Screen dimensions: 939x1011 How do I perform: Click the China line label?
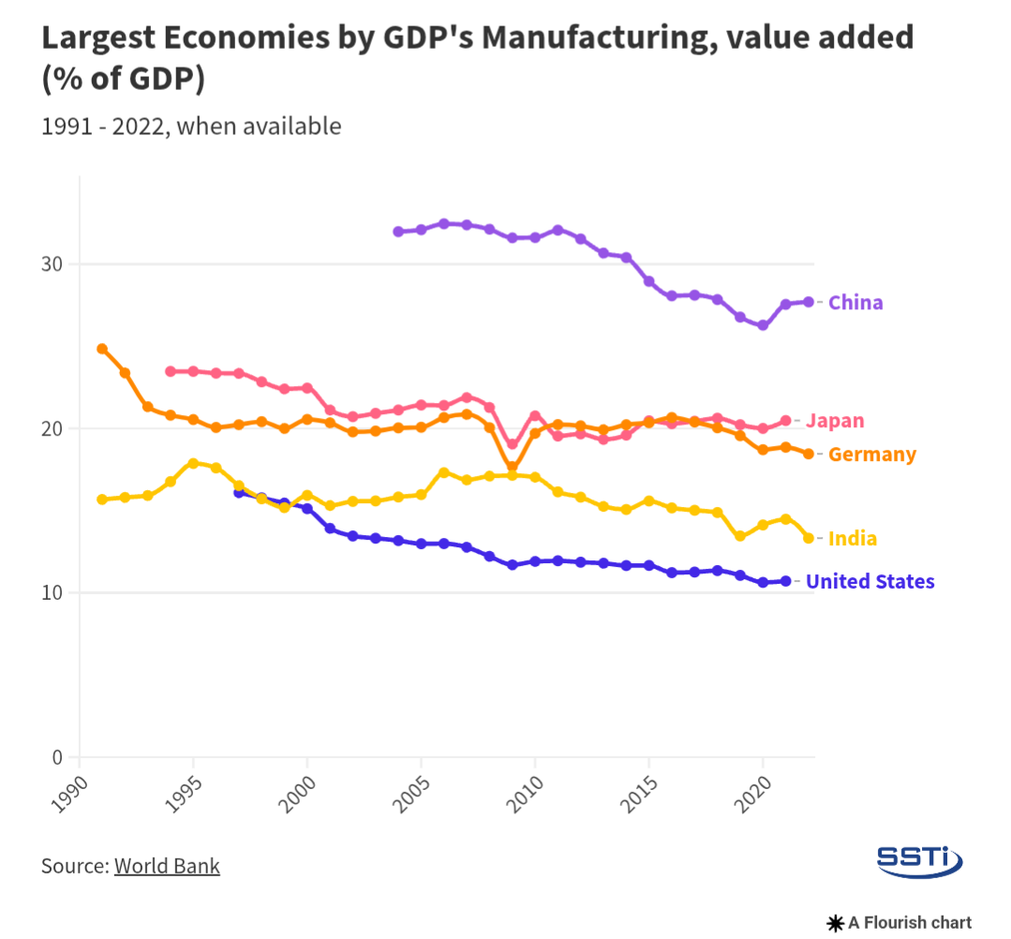click(855, 303)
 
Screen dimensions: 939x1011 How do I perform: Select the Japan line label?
click(834, 422)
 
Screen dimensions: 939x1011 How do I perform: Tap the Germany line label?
click(872, 455)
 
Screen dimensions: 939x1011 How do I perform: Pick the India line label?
click(853, 539)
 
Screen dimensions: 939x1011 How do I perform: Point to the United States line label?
click(870, 582)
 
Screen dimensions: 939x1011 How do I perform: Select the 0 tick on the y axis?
click(58, 757)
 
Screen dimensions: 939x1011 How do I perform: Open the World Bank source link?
click(167, 866)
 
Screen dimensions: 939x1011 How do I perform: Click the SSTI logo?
click(918, 859)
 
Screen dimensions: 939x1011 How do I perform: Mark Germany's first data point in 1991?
click(102, 349)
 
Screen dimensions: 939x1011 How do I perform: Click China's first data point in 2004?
click(398, 231)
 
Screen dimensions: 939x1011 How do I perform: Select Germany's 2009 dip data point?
click(512, 466)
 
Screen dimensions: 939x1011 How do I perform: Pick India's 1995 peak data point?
click(193, 463)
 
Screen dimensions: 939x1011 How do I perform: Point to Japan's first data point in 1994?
click(171, 371)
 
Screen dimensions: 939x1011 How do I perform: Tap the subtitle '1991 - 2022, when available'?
click(191, 126)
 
